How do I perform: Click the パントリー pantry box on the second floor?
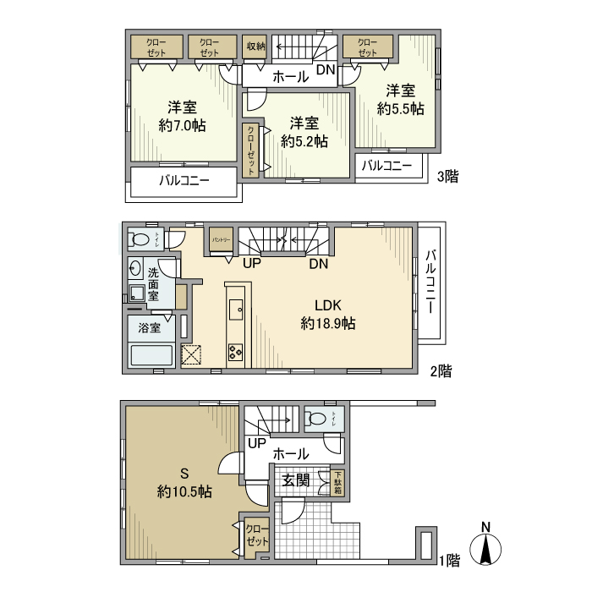222,240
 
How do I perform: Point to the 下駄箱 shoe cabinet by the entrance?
337,483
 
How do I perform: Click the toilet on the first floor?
317,418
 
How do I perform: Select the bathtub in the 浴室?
151,356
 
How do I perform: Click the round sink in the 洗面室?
135,269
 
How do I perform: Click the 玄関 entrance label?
295,481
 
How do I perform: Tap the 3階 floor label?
447,177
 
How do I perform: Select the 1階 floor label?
448,559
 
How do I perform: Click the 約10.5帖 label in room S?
184,491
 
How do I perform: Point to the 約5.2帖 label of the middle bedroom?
304,142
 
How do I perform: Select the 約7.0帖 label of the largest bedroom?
182,125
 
